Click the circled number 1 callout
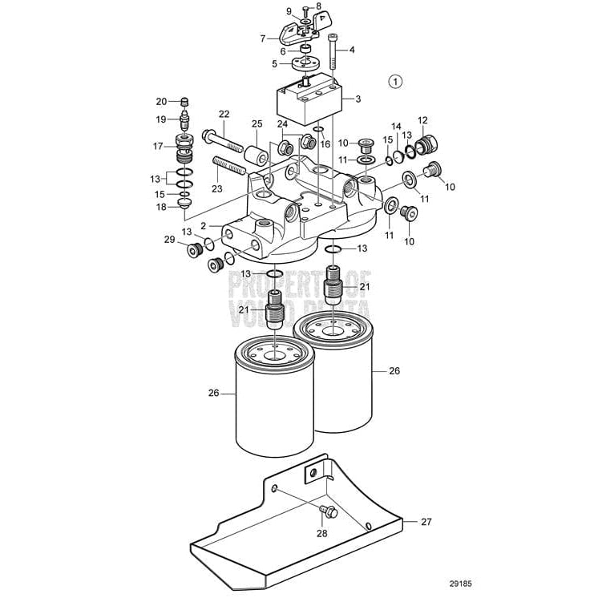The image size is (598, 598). click(397, 81)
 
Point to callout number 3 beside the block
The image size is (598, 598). click(358, 99)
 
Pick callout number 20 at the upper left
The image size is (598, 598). click(161, 102)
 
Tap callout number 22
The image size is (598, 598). click(224, 115)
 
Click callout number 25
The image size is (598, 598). click(257, 124)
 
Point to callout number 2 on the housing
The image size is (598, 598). click(204, 227)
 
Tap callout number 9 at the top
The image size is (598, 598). click(289, 10)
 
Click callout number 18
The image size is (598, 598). click(161, 207)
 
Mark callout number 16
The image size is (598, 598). click(325, 144)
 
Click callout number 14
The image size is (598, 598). click(395, 127)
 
